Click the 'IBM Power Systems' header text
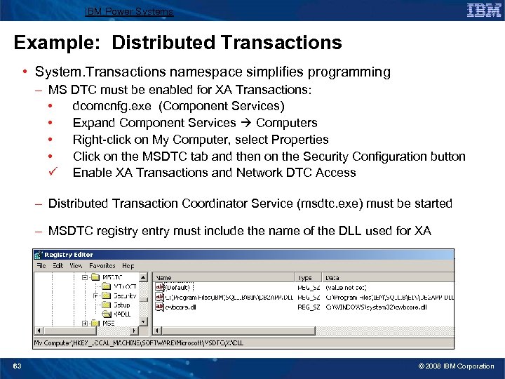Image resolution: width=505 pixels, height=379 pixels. coord(128,11)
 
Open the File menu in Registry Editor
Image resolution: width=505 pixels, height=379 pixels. coord(41,266)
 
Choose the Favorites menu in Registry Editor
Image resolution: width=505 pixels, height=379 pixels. coord(102,266)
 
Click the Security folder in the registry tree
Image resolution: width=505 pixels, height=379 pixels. coord(125,295)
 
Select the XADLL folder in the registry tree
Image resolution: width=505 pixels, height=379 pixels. coord(122,314)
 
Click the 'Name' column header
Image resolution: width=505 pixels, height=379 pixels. coord(163,278)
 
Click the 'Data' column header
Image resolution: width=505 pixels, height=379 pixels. coord(332,278)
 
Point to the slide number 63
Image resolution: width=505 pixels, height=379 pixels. coord(17,366)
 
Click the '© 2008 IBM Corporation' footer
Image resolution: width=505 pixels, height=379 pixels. coord(456,366)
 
